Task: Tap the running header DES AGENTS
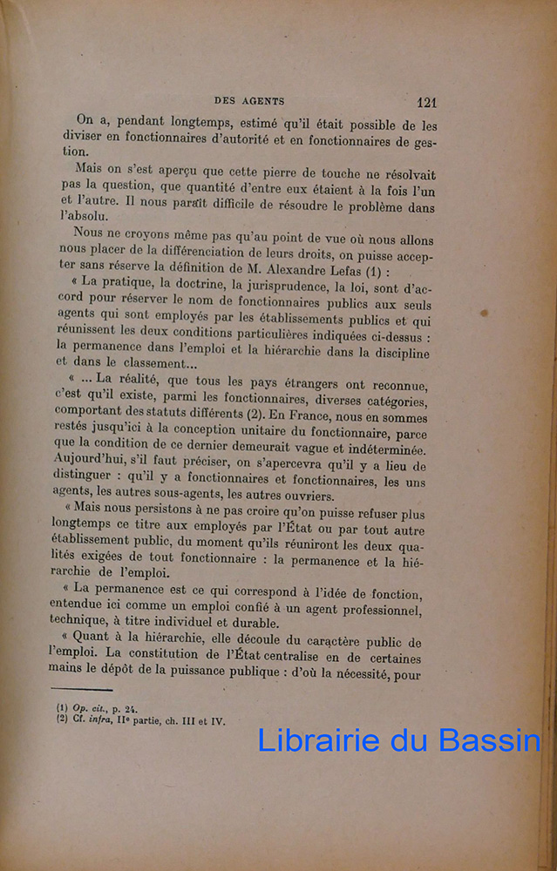pyautogui.click(x=249, y=101)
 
